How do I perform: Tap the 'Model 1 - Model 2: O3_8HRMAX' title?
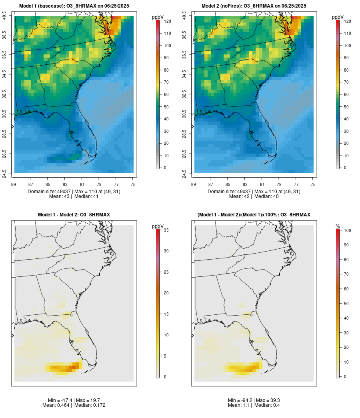[x=74, y=215]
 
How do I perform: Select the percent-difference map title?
[x=254, y=215]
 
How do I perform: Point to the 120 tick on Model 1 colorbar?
[x=167, y=21]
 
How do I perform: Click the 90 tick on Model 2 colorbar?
[x=345, y=58]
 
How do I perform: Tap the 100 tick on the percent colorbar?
[x=347, y=230]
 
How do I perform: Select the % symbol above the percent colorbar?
[x=338, y=226]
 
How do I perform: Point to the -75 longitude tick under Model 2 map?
[x=312, y=184]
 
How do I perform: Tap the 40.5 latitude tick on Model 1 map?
[x=5, y=16]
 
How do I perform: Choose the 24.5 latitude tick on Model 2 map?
[x=185, y=173]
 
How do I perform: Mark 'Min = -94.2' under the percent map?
[x=239, y=400]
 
